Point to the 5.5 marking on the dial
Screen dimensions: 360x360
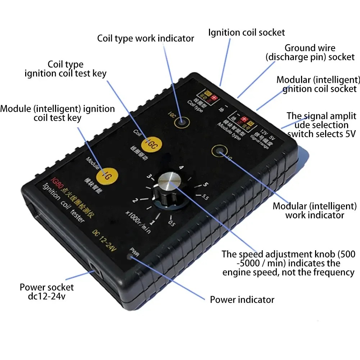[206, 197]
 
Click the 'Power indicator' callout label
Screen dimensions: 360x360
[242, 300]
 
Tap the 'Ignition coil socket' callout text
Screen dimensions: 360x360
[246, 32]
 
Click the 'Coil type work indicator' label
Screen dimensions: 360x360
[146, 38]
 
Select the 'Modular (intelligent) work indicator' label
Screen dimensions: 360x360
[314, 211]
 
